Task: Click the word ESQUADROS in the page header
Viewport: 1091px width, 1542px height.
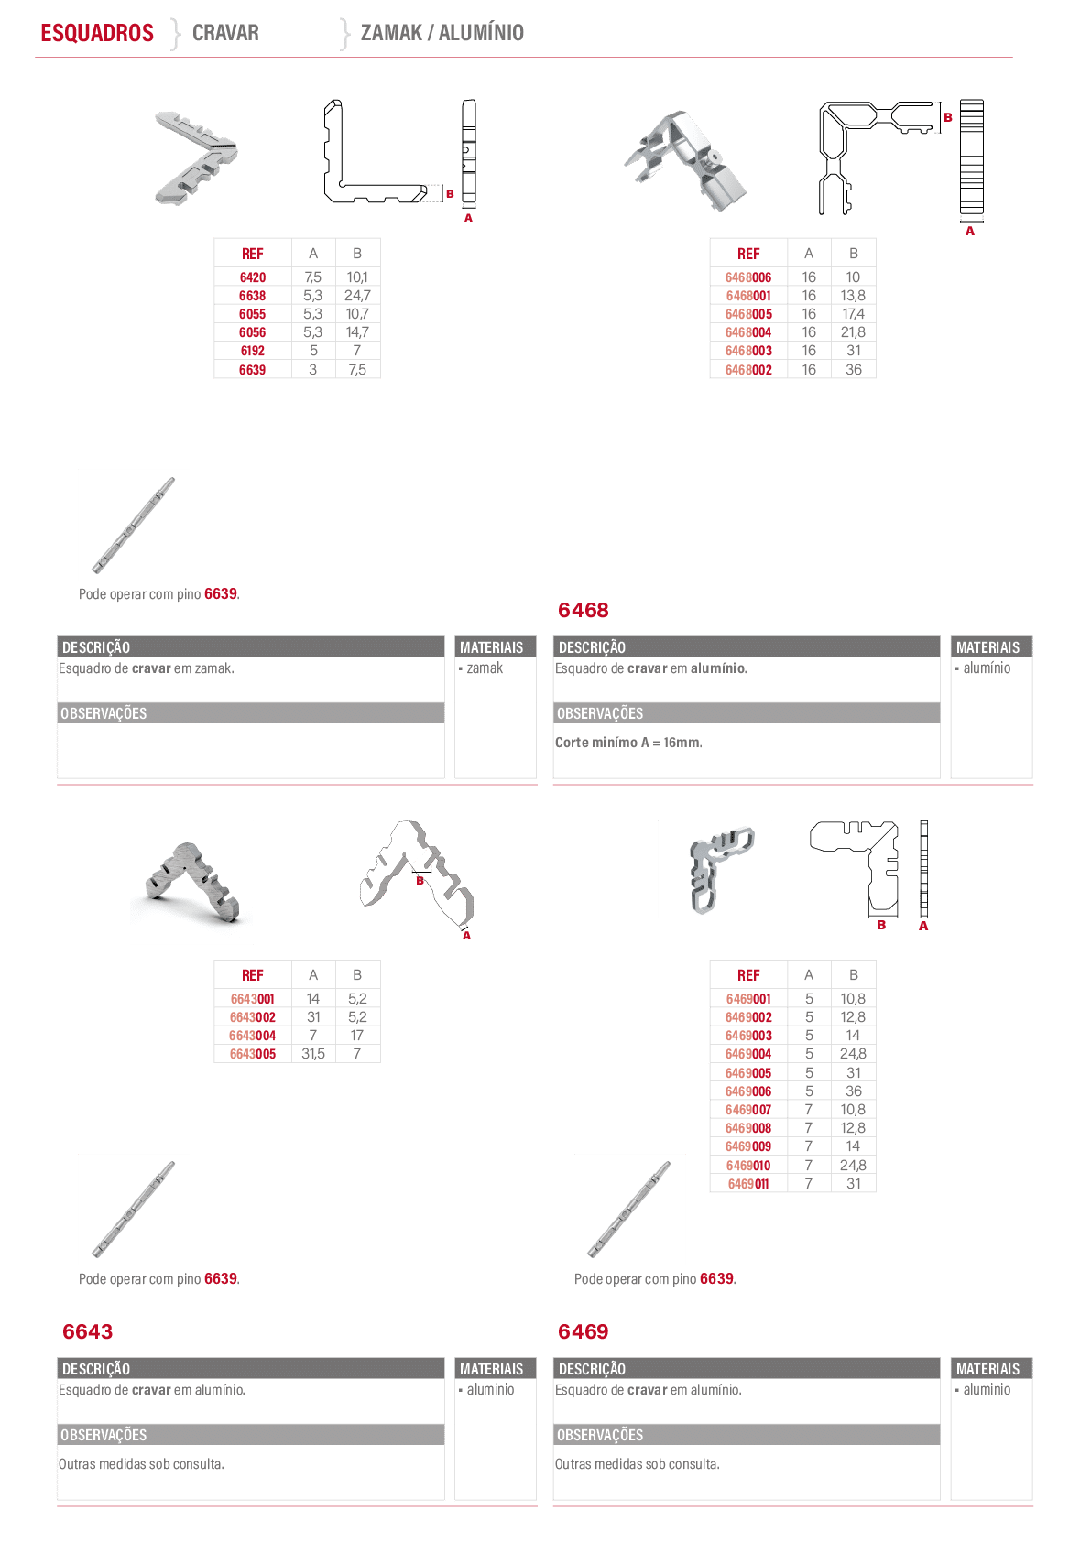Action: (97, 33)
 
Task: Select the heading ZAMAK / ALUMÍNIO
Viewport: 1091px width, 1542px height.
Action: (442, 33)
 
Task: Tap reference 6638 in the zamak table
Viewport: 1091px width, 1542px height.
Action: (252, 296)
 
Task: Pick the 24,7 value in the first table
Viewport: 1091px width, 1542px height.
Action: (357, 296)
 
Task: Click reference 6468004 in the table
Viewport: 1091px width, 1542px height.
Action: (748, 332)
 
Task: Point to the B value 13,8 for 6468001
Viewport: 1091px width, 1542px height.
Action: (853, 296)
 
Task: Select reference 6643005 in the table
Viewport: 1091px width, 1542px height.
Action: (252, 1054)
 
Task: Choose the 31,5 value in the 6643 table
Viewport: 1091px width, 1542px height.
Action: (312, 1054)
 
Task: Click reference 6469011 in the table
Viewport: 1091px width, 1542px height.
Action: (748, 1184)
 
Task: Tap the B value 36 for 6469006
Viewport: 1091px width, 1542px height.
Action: (854, 1091)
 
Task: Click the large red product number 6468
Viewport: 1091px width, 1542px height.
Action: (583, 610)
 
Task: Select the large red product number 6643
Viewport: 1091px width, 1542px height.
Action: (87, 1331)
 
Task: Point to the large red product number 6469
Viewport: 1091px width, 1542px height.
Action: (583, 1331)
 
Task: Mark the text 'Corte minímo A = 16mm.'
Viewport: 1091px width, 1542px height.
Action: (628, 742)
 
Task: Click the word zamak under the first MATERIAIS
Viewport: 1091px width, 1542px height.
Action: (485, 668)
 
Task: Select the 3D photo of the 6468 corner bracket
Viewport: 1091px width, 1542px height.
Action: (686, 161)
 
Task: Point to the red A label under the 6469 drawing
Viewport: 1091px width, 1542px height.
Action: (923, 926)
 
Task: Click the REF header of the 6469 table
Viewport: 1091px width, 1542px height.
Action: (748, 975)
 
